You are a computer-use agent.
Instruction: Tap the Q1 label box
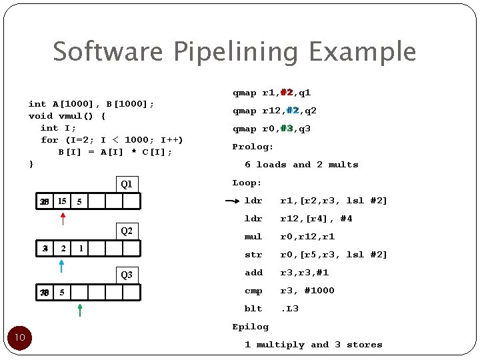126,184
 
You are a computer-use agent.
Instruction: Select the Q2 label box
126,231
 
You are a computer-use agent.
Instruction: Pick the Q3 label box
126,275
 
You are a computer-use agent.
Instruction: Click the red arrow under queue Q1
63,219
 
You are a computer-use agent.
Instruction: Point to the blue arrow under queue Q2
61,267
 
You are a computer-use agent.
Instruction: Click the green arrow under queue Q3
80,309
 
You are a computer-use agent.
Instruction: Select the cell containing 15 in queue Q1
62,201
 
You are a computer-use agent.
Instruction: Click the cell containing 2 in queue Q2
62,248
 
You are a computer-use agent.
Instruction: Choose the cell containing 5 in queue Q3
62,292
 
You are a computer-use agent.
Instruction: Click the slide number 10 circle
20,337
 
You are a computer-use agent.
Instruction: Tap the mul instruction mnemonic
253,237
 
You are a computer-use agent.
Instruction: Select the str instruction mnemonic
253,255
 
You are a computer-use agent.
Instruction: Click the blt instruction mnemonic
253,309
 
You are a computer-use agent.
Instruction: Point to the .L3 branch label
289,309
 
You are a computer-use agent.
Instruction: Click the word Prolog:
253,147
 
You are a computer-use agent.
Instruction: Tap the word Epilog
251,327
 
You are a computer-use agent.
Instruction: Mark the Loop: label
247,183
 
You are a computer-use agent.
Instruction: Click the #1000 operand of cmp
319,291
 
